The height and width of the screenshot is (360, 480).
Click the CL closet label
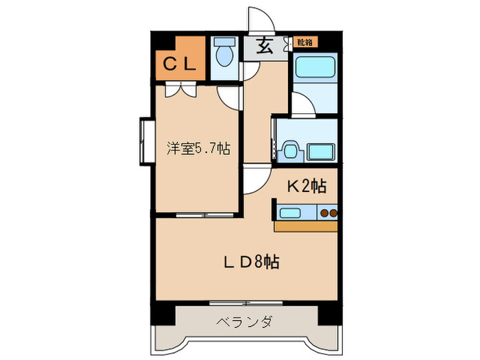click(180, 64)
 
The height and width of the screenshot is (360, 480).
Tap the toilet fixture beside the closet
click(225, 51)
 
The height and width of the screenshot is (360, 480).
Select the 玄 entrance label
click(264, 46)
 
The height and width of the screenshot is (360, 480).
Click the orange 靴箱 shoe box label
click(305, 42)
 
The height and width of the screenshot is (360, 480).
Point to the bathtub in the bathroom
click(314, 67)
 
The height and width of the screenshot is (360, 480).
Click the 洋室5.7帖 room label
click(198, 149)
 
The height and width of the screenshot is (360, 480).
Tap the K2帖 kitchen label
click(307, 186)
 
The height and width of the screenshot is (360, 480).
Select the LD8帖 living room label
click(252, 262)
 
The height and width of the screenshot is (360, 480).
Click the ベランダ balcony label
click(245, 322)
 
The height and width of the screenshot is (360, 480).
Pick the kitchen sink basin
click(290, 213)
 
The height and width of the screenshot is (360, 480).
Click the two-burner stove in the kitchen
click(328, 213)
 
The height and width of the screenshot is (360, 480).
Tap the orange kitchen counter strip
click(306, 226)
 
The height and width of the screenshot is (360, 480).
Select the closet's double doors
click(180, 89)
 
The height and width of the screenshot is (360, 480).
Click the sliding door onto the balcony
click(246, 303)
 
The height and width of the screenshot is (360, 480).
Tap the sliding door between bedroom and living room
click(205, 215)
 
